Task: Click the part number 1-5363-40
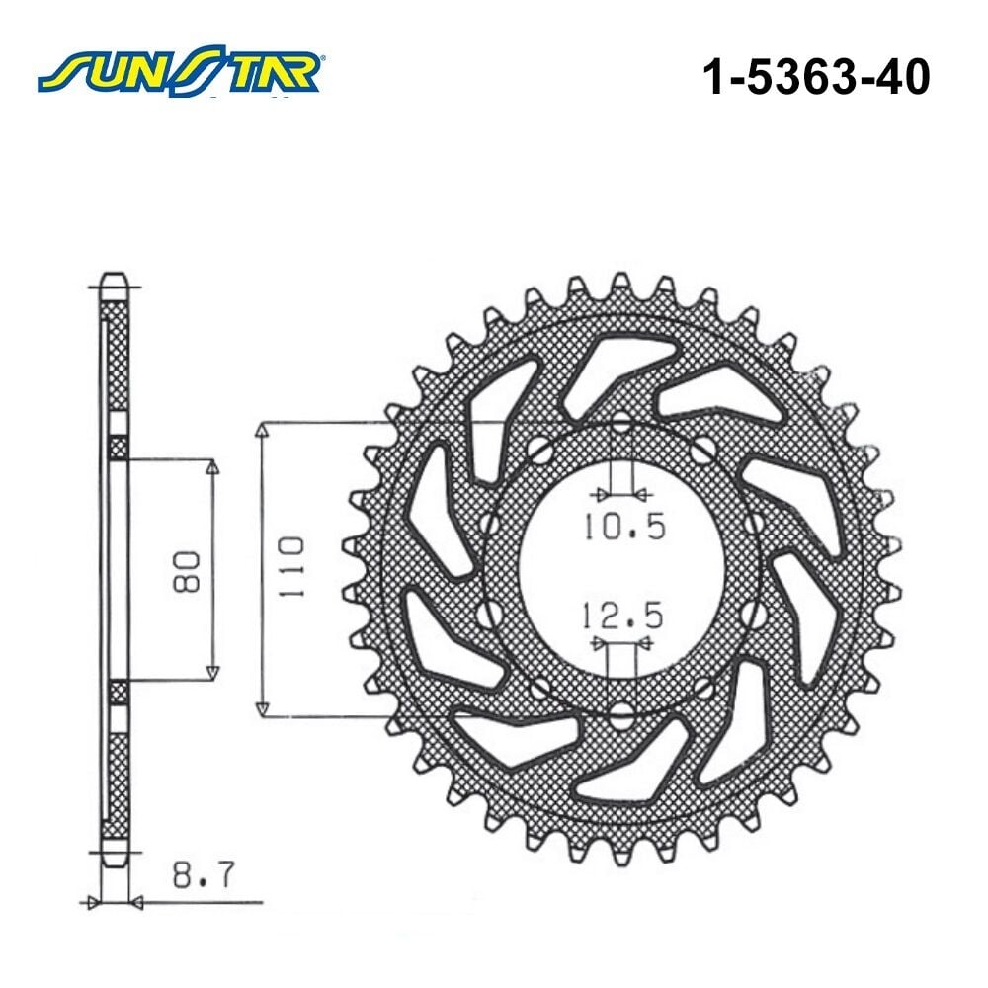[816, 77]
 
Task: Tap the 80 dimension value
[187, 571]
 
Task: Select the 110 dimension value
[291, 567]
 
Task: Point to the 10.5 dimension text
[623, 527]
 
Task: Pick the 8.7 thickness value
[203, 873]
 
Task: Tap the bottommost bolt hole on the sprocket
[621, 714]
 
